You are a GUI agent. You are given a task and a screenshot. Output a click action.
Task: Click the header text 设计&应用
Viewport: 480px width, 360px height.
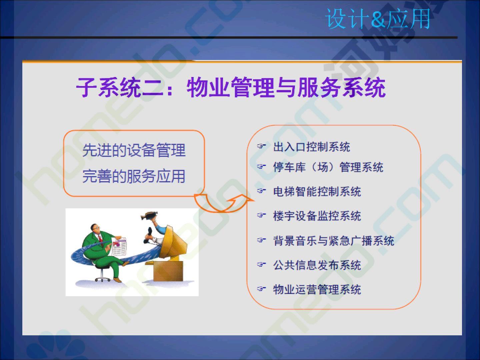point(378,19)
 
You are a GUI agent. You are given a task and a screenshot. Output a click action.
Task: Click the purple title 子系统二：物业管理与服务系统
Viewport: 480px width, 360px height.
point(231,87)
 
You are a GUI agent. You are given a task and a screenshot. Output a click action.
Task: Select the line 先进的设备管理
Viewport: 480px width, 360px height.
point(134,150)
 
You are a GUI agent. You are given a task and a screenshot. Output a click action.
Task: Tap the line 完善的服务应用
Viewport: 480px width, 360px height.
point(134,176)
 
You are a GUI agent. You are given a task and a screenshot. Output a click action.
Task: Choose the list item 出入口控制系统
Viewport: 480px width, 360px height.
point(312,147)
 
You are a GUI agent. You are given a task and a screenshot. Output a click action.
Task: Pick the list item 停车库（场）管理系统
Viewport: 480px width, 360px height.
point(328,167)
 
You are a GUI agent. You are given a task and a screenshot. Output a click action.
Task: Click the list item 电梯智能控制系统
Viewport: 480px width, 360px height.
point(317,191)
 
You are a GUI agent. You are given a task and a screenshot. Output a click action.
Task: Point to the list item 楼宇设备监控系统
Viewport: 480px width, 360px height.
point(317,216)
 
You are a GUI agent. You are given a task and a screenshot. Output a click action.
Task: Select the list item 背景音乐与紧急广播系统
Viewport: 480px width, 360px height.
point(334,241)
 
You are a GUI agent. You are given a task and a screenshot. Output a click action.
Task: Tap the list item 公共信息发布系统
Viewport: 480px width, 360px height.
point(317,265)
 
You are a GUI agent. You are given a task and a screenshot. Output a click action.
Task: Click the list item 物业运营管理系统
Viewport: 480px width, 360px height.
point(317,289)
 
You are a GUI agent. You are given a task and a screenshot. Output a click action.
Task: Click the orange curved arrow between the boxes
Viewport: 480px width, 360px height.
point(221,210)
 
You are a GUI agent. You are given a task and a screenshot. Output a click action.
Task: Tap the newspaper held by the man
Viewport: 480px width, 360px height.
point(119,247)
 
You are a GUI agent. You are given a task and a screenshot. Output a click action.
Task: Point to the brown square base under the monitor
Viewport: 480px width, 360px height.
point(168,271)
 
